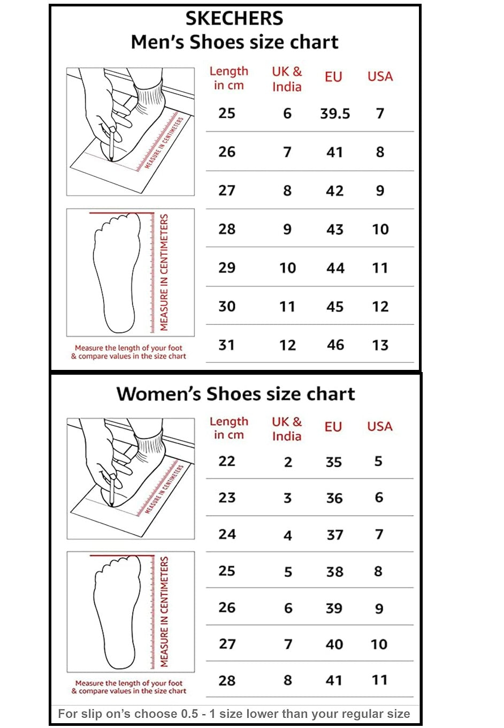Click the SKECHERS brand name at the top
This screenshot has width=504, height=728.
click(234, 18)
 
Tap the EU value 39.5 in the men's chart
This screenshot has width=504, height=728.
click(335, 113)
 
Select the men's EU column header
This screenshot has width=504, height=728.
click(333, 77)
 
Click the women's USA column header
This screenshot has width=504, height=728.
click(380, 427)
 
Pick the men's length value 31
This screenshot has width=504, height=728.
click(227, 345)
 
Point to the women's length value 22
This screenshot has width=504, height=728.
click(227, 461)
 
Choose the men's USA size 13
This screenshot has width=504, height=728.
click(380, 345)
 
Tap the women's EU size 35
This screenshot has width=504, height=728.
click(334, 462)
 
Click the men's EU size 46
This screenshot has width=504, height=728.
click(335, 345)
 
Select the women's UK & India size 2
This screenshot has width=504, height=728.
click(288, 462)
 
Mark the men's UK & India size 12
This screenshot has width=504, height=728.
click(288, 345)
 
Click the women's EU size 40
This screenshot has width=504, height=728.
click(334, 644)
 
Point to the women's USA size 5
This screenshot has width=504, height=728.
click(378, 461)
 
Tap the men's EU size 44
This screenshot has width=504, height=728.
click(335, 268)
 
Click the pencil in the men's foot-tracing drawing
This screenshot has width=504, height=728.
click(111, 145)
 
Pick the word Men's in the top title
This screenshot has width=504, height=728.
click(158, 42)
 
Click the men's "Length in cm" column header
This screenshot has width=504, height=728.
click(228, 78)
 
